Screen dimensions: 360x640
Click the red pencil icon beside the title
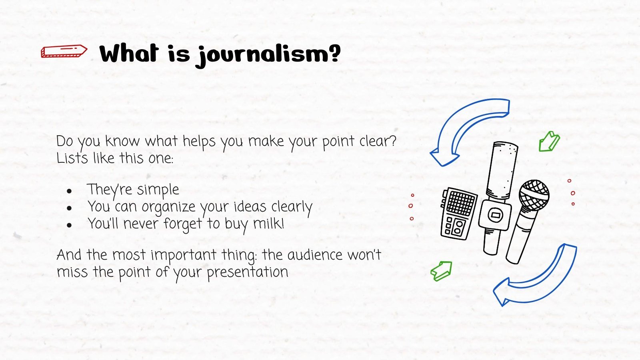click(64, 51)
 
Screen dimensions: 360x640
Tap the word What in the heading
click(129, 53)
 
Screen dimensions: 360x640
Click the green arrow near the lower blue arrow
click(442, 271)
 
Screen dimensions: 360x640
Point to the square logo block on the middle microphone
click(495, 215)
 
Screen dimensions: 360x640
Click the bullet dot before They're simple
click(70, 191)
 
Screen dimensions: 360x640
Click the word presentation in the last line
click(247, 272)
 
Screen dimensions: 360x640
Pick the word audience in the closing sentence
click(315, 255)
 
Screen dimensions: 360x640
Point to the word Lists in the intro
click(72, 158)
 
